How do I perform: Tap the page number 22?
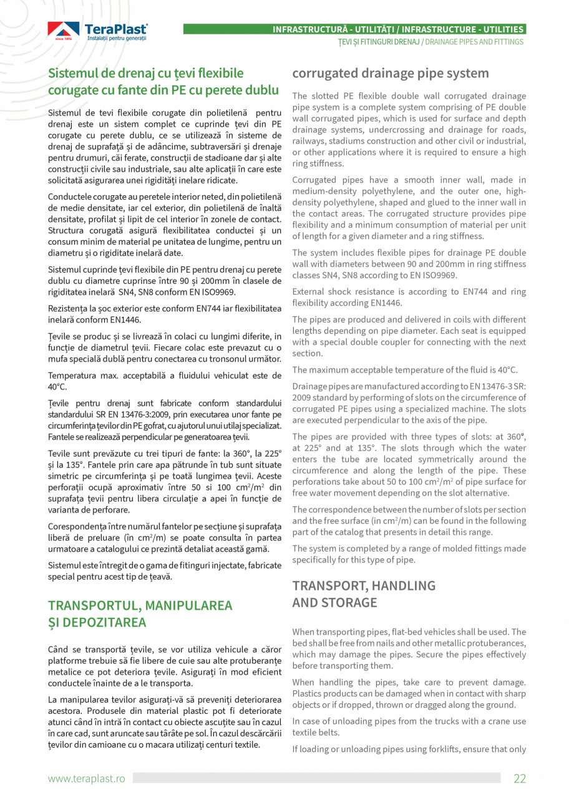tap(520, 778)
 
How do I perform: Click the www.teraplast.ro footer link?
tap(87, 778)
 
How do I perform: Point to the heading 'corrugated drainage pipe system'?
tap(391, 73)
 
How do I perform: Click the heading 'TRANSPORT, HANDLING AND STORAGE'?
tap(364, 594)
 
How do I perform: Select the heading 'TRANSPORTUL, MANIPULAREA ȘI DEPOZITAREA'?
tap(140, 613)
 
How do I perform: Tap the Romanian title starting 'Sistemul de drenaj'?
tap(163, 81)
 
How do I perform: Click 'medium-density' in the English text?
tap(323, 191)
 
